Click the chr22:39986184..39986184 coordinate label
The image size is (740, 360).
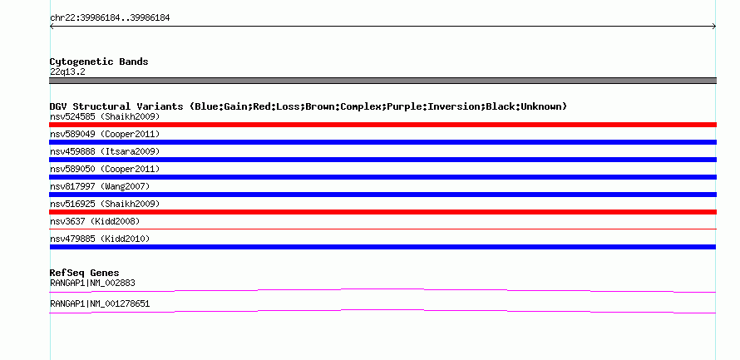110,18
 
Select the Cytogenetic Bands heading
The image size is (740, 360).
99,62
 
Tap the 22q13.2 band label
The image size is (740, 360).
67,72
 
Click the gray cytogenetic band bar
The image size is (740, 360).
382,81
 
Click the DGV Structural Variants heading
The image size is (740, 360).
308,106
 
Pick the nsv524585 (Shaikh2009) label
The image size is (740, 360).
105,116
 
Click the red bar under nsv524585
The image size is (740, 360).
382,125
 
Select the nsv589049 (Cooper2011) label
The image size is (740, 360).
105,134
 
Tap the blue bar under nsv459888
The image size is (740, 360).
382,160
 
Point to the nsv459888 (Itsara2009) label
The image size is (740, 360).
105,151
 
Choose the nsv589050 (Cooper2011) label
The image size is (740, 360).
105,169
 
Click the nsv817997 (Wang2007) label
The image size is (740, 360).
100,186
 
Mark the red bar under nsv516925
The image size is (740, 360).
382,212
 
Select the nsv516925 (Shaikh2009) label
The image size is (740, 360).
105,204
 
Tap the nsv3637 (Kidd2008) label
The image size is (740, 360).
95,221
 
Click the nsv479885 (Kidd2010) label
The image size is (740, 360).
100,239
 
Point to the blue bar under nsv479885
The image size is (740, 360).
382,247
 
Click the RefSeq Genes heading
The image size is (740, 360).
85,273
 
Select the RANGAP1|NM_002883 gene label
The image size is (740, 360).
92,283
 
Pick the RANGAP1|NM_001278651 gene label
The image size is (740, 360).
100,303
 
